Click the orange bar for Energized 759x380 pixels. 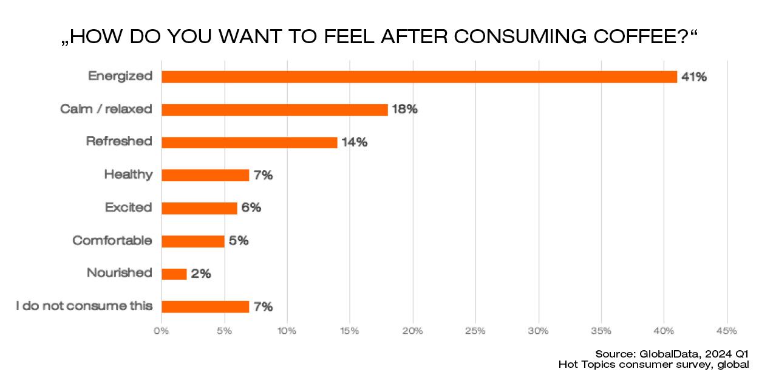419,77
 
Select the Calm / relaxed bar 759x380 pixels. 274,109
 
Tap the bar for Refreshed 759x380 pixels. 249,142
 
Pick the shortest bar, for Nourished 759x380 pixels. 174,274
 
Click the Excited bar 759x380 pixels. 199,208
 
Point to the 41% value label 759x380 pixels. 694,77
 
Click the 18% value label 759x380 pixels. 404,109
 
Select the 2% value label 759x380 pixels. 201,274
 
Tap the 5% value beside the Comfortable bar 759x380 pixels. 239,241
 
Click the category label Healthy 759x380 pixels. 128,174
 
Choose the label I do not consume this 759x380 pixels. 84,306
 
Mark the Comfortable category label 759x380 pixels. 112,240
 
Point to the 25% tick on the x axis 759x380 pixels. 475,331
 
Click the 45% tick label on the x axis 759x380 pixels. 726,331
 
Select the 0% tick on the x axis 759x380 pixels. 161,331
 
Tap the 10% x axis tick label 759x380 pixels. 287,331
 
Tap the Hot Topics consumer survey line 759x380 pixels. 654,364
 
